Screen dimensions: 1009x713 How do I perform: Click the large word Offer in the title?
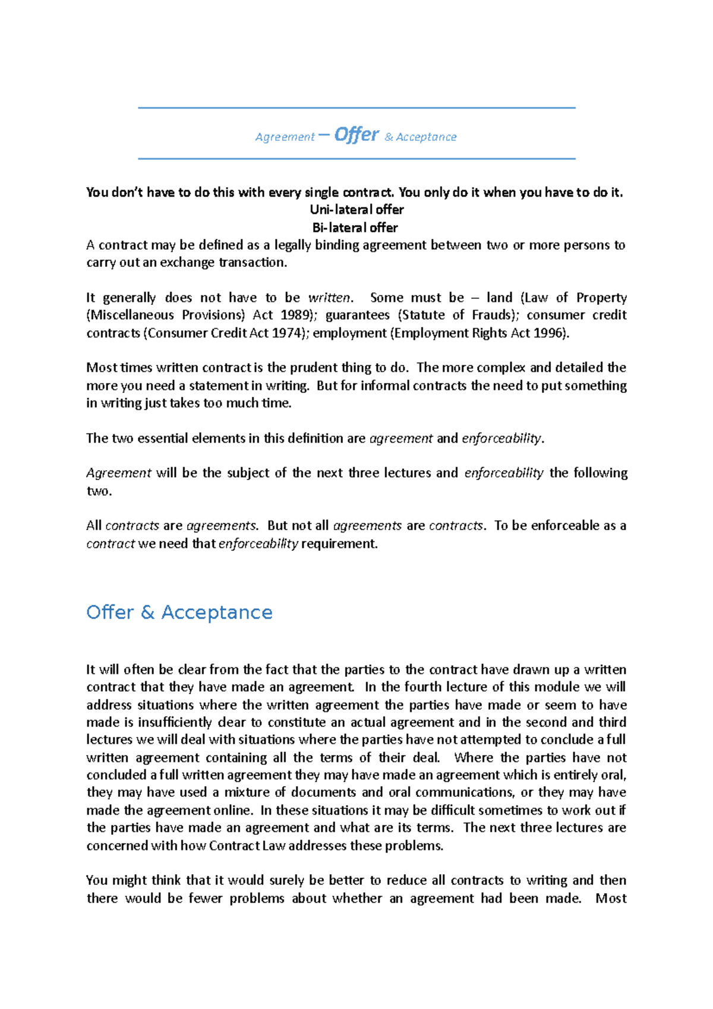tap(356, 135)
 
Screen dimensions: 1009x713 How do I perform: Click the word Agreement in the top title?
tap(285, 137)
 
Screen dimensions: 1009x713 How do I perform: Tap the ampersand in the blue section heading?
tap(147, 612)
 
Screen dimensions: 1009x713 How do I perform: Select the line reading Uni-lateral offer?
tap(356, 210)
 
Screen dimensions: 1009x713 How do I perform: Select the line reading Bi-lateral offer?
tap(355, 228)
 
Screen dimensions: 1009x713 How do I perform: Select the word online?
tap(234, 811)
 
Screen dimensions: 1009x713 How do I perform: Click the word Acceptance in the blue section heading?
tap(217, 612)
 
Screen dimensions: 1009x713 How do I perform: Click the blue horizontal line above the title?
tap(356, 108)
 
